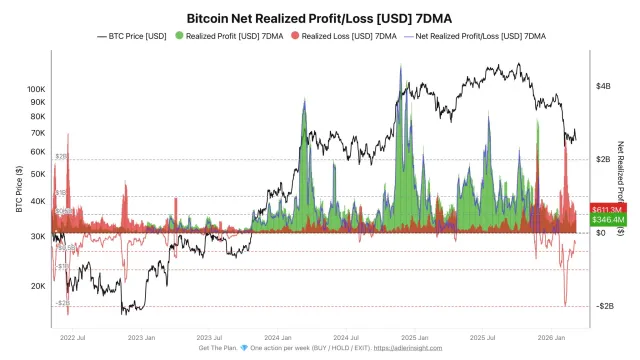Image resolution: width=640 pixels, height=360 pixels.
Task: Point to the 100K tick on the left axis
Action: (x=34, y=88)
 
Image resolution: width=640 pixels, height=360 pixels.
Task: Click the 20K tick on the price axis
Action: (x=36, y=285)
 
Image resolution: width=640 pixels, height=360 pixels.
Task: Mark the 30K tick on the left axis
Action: (x=36, y=236)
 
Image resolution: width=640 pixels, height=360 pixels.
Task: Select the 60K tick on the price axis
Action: (x=36, y=151)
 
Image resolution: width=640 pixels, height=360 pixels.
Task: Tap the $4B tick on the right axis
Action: (x=604, y=87)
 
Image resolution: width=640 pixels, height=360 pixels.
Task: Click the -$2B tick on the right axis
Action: (x=604, y=306)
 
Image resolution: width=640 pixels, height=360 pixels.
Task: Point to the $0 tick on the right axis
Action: (x=600, y=233)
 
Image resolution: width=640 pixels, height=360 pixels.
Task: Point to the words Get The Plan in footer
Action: (x=217, y=349)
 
